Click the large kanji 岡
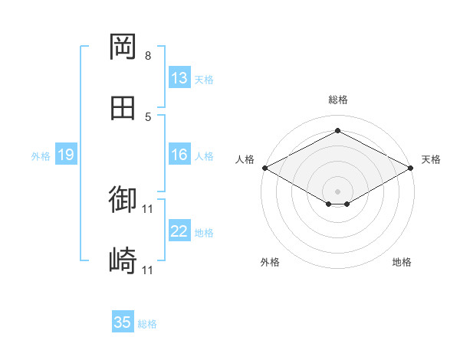(x=123, y=47)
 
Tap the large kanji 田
(x=123, y=108)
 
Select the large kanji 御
(x=123, y=198)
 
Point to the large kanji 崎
(x=123, y=260)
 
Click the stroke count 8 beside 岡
(x=148, y=56)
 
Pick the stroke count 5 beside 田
(x=148, y=117)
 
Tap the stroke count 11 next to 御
(x=147, y=209)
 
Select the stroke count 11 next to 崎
(x=147, y=270)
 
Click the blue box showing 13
(x=179, y=77)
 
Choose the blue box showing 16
(x=179, y=154)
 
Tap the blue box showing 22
(x=179, y=230)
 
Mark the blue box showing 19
(x=66, y=154)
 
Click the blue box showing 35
(x=123, y=321)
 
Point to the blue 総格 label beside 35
(x=147, y=324)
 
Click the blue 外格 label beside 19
(x=41, y=156)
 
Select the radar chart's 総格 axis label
(x=338, y=100)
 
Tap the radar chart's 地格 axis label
(x=402, y=262)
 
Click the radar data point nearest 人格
(x=265, y=168)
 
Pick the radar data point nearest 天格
(x=411, y=168)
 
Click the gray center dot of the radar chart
(x=337, y=191)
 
